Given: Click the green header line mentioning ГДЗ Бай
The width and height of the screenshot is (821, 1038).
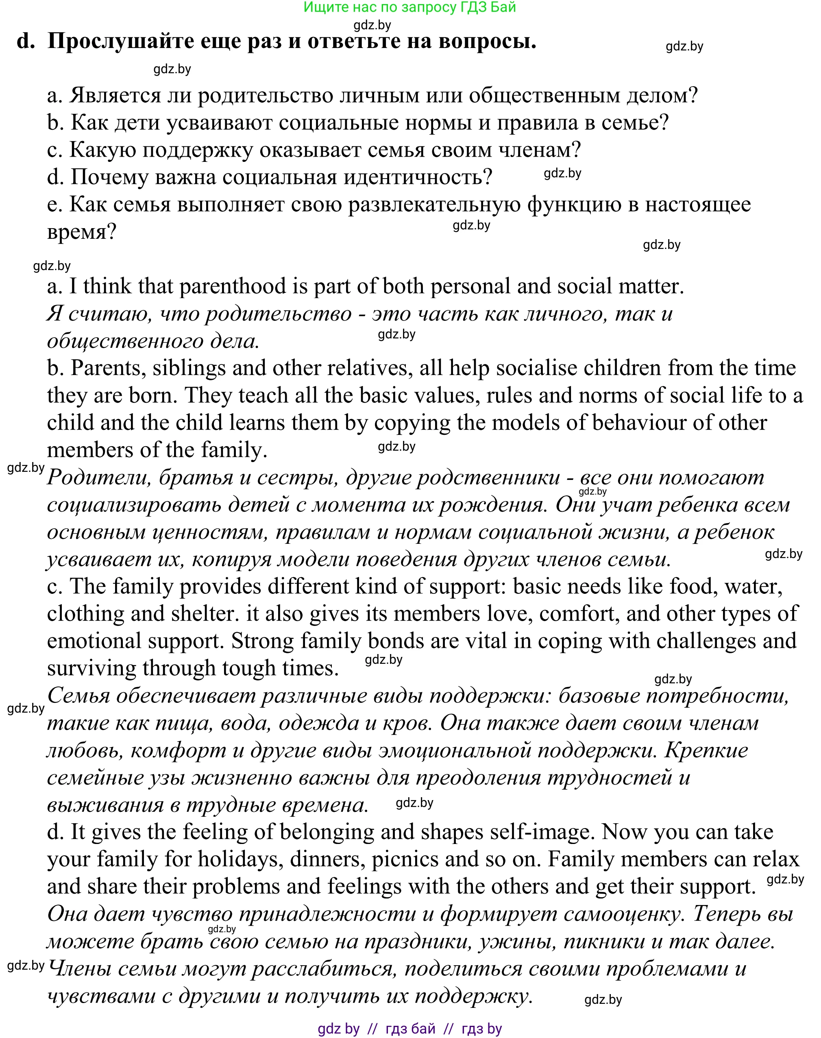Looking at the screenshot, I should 409,7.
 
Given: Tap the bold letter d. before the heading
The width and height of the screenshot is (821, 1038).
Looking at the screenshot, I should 26,41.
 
